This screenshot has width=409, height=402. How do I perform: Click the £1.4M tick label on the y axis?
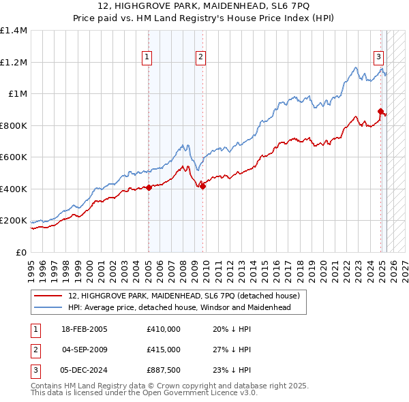tap(14, 31)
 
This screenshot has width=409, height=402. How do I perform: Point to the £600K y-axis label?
tap(14, 157)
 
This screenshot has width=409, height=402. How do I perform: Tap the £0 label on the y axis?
tap(21, 253)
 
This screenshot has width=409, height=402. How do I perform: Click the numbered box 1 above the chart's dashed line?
tap(147, 57)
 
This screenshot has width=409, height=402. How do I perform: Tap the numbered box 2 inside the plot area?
tap(201, 57)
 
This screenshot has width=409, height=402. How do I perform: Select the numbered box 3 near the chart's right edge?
tap(378, 57)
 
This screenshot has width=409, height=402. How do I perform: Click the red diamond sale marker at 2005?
tap(149, 187)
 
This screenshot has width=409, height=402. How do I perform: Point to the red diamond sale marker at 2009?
tap(202, 186)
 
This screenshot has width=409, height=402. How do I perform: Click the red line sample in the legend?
tap(48, 296)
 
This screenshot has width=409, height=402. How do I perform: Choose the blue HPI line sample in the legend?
tap(48, 307)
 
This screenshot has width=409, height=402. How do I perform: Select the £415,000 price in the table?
tap(164, 350)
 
